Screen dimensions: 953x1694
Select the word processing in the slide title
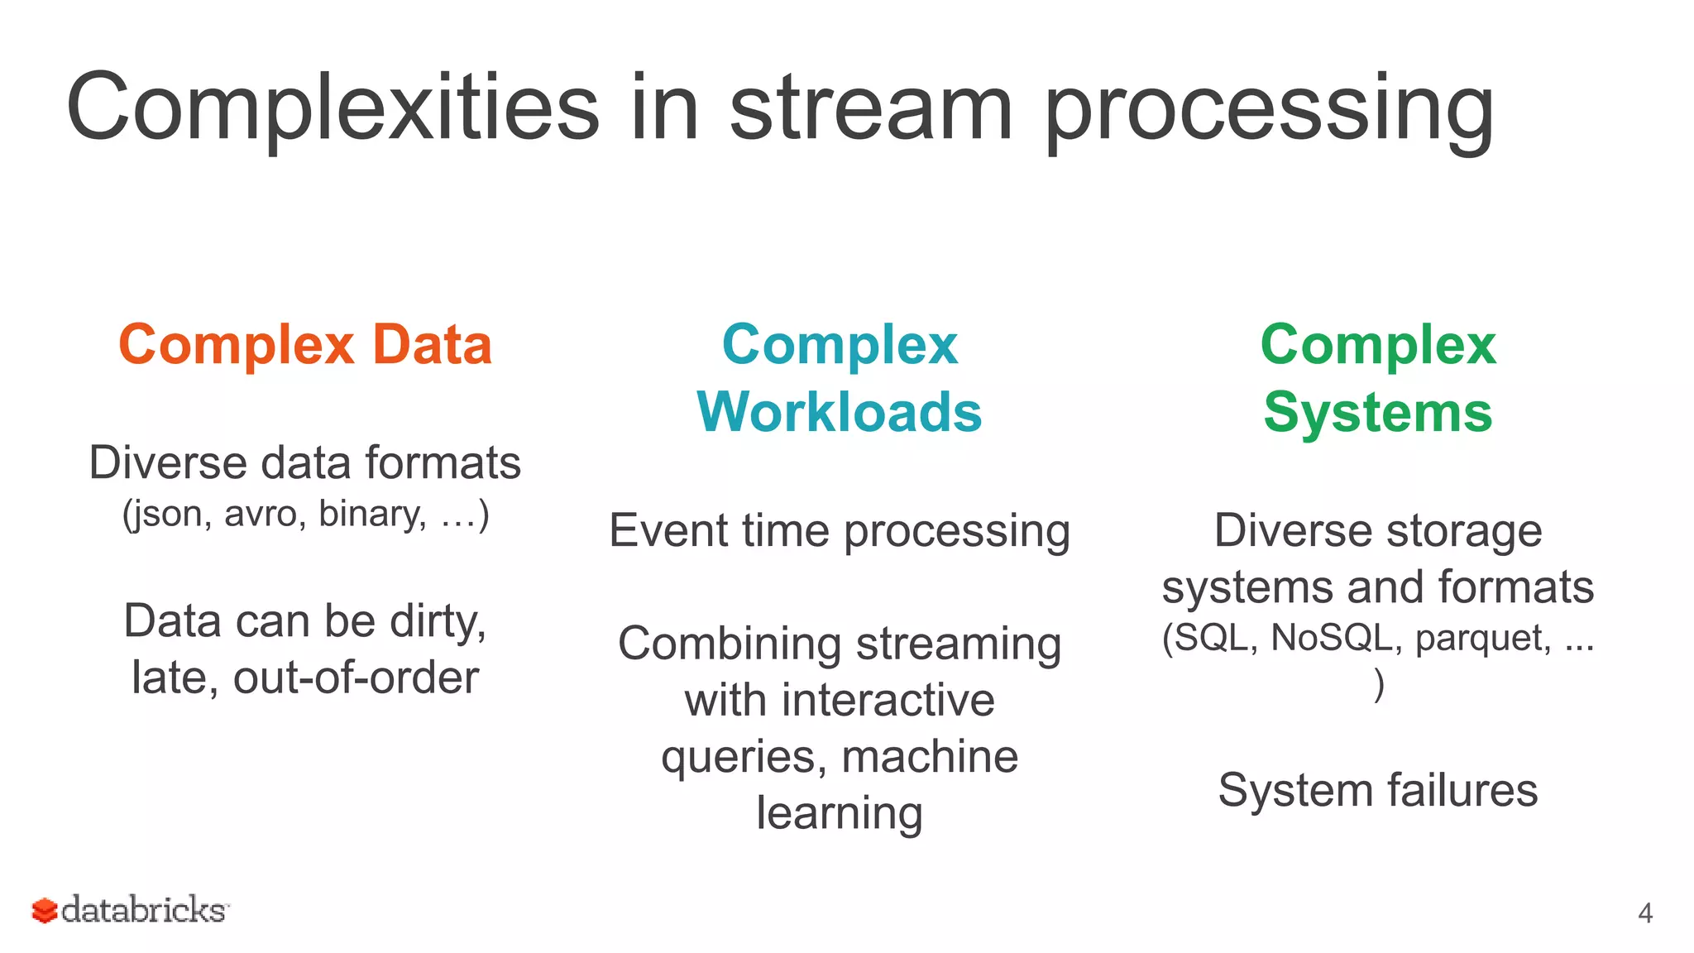pos(1270,112)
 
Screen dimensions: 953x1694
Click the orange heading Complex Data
pos(305,344)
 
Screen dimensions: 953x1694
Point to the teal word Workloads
pos(840,412)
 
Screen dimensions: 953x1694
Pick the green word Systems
pos(1378,412)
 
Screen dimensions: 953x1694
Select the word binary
pos(372,515)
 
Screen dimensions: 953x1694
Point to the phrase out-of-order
pos(356,678)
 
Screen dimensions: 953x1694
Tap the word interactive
pos(888,701)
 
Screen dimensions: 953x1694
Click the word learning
pos(840,814)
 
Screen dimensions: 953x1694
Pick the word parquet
pos(1482,638)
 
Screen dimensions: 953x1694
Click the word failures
pos(1462,790)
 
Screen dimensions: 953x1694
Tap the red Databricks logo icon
pos(45,911)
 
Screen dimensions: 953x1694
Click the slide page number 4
pos(1644,913)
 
